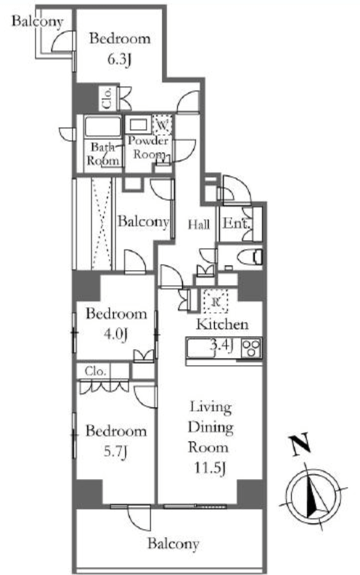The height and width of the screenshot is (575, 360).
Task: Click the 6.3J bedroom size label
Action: (x=119, y=60)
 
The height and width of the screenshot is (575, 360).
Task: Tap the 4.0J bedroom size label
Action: (x=115, y=335)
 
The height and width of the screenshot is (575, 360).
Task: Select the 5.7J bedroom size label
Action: (x=115, y=452)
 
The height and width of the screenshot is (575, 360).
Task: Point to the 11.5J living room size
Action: (x=209, y=468)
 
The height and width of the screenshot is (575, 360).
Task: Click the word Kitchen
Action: (x=222, y=325)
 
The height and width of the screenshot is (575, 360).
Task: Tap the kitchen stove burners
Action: (x=251, y=347)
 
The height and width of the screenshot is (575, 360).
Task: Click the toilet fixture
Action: (x=250, y=257)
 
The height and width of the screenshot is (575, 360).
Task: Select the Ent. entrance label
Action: (x=237, y=224)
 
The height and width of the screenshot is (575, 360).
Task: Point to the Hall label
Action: (x=199, y=224)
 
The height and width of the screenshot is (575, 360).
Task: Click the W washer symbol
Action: (x=162, y=125)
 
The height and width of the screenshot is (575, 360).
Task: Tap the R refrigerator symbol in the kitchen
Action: (x=216, y=301)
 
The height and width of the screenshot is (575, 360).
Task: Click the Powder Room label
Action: (x=148, y=147)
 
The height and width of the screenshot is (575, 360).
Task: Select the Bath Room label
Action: (x=102, y=154)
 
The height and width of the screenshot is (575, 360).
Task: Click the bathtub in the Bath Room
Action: (x=102, y=127)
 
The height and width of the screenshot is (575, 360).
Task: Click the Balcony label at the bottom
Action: (x=173, y=544)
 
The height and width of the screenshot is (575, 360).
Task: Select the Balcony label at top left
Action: (x=38, y=21)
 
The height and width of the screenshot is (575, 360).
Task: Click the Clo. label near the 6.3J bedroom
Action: (x=107, y=98)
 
